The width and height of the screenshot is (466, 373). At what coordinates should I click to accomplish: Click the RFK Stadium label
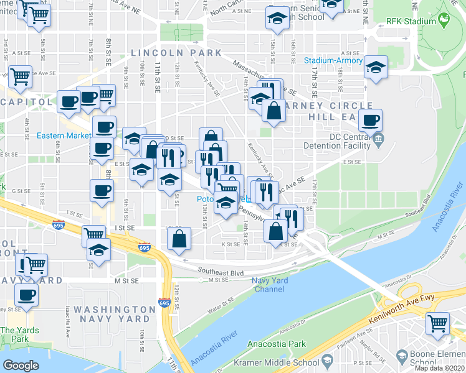[x=411, y=21]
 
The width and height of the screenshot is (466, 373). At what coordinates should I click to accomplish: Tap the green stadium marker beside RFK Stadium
[x=445, y=21]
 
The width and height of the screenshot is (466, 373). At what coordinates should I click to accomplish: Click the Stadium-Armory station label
[x=333, y=60]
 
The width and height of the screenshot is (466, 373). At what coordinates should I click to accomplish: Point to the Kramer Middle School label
[x=275, y=362]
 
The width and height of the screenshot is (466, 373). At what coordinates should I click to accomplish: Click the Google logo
[x=21, y=366]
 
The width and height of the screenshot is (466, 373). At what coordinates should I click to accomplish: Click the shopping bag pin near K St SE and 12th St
[x=179, y=239]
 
